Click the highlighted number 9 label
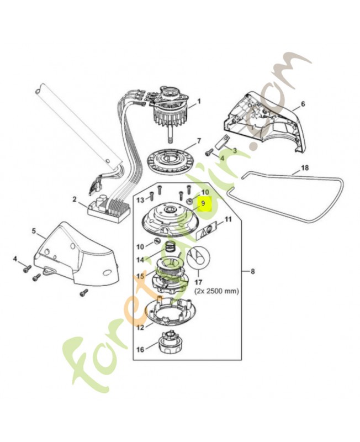click(x=203, y=203)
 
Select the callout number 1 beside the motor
click(x=199, y=102)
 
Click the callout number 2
click(x=74, y=199)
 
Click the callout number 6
click(x=303, y=104)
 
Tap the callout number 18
click(x=305, y=167)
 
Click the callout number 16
click(x=139, y=349)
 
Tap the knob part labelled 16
click(x=168, y=348)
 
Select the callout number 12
click(x=140, y=327)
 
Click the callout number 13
click(x=140, y=199)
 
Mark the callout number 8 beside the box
click(x=253, y=271)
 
